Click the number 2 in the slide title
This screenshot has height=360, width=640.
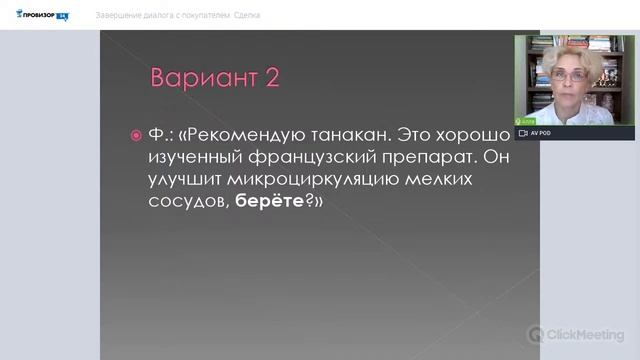click(271, 78)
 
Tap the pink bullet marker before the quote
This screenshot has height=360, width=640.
click(138, 135)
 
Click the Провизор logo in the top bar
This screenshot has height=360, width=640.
click(43, 16)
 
